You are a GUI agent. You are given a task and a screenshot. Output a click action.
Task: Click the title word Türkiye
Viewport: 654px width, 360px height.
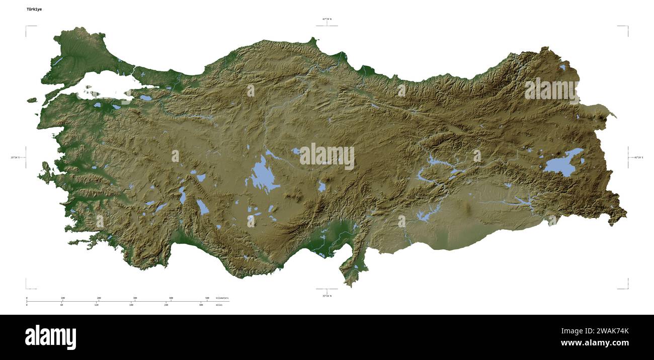(34, 9)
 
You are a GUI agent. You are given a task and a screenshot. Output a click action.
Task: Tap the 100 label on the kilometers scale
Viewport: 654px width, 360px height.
(62, 298)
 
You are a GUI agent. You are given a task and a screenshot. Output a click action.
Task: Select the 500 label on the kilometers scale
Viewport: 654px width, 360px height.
(207, 298)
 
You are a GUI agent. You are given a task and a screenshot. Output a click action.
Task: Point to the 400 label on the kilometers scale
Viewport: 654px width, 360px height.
(171, 298)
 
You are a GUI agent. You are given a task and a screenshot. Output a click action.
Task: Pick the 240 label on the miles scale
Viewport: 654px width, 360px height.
(166, 305)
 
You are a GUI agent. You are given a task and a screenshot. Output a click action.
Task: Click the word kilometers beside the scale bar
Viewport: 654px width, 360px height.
(222, 298)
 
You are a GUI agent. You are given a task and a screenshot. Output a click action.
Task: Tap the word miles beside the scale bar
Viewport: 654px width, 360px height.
(219, 305)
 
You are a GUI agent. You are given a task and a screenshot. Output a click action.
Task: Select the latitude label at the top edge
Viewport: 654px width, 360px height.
(327, 19)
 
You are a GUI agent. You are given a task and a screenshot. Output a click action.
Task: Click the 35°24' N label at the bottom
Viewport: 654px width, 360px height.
(327, 296)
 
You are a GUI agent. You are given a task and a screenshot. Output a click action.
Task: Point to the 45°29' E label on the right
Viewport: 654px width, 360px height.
(638, 157)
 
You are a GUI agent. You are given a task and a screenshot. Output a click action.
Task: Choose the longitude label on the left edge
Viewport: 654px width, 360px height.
(17, 157)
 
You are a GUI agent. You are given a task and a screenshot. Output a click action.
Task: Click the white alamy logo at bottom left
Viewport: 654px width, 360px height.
(50, 337)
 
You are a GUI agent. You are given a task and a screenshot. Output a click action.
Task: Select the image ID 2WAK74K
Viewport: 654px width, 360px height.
(609, 331)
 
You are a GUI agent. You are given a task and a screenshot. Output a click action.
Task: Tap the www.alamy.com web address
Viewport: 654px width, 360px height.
(595, 343)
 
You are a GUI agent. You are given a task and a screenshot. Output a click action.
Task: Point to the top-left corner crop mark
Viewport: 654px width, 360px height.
(27, 27)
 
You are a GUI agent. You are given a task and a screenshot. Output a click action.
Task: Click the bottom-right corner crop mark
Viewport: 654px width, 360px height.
(627, 288)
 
